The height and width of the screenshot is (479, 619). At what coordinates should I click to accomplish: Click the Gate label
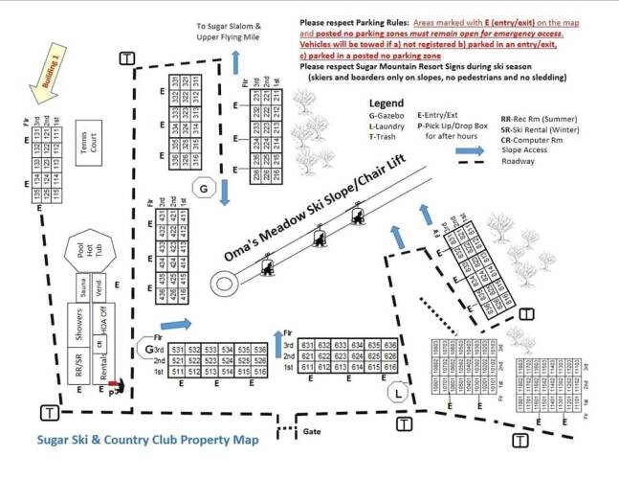(310, 432)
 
